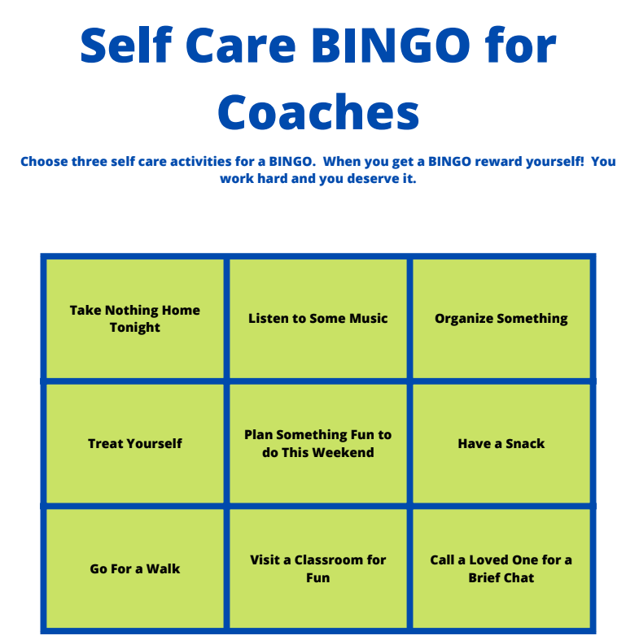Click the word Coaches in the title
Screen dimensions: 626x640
pyautogui.click(x=318, y=111)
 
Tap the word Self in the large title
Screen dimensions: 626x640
pyautogui.click(x=127, y=45)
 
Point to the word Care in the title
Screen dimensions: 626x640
pyautogui.click(x=241, y=45)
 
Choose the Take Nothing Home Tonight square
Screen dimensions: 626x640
pyautogui.click(x=135, y=318)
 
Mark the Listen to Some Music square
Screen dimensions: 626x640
pyautogui.click(x=318, y=318)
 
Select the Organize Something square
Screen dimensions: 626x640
pyautogui.click(x=501, y=318)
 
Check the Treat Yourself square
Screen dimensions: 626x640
pyautogui.click(x=135, y=444)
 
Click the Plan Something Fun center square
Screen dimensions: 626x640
pyautogui.click(x=318, y=444)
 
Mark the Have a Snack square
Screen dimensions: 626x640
pyautogui.click(x=501, y=444)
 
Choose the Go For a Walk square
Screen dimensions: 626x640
pyautogui.click(x=135, y=568)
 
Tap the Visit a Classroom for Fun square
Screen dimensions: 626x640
pyautogui.click(x=318, y=568)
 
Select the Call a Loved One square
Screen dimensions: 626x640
pyautogui.click(x=501, y=568)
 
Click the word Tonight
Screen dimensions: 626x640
pyautogui.click(x=135, y=328)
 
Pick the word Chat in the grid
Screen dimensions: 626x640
pyautogui.click(x=519, y=578)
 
